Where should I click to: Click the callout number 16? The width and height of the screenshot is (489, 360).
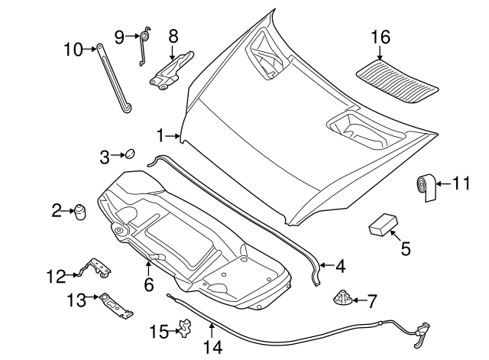[x=381, y=37]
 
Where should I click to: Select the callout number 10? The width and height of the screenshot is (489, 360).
[x=73, y=50]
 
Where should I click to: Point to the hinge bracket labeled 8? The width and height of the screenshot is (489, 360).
[x=173, y=70]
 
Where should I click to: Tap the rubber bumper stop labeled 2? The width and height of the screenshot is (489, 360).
[x=79, y=211]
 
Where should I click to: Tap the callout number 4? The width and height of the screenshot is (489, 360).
[x=340, y=267]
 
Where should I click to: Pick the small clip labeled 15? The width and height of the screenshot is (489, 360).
[x=183, y=329]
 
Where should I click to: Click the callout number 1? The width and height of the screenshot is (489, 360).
[x=161, y=136]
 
